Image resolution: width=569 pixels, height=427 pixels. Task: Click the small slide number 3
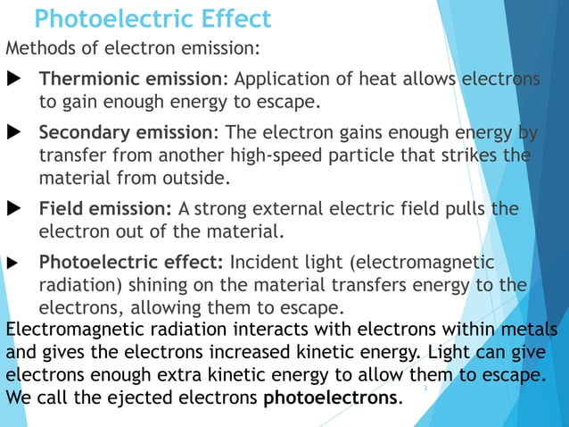point(425,389)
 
